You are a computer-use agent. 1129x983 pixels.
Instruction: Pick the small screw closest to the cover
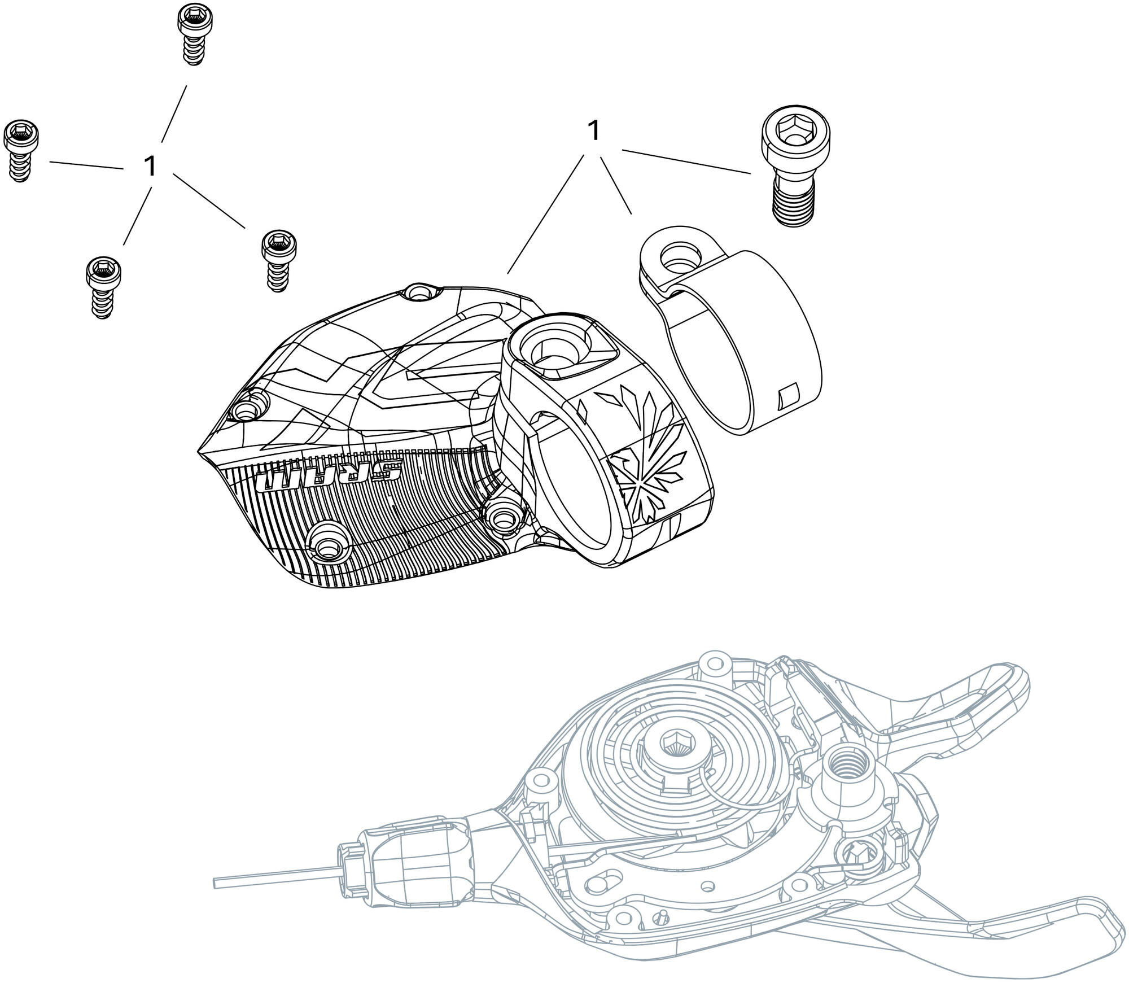click(278, 260)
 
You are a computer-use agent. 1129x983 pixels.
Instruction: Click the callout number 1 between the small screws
click(150, 166)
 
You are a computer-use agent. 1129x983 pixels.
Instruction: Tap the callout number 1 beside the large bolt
click(593, 132)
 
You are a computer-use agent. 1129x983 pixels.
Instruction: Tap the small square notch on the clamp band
click(788, 396)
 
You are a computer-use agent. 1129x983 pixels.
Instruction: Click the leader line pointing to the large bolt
click(686, 161)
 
